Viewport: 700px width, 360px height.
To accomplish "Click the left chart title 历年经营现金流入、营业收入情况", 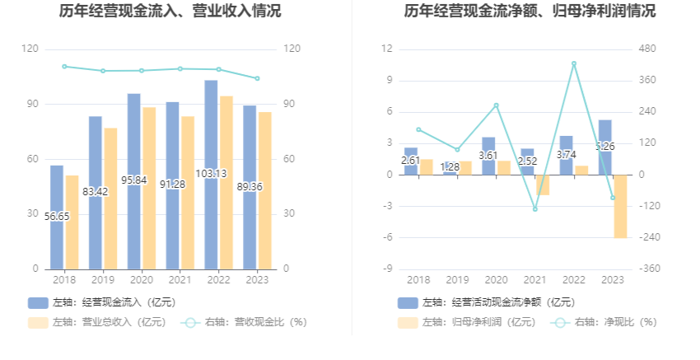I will (170, 12).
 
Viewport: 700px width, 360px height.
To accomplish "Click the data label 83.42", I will (96, 192).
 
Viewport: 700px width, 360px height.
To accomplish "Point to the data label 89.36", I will (250, 187).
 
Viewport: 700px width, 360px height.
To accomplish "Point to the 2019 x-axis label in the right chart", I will (458, 280).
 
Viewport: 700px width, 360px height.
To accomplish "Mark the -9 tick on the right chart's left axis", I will (386, 269).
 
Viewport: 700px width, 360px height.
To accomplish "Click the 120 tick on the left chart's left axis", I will (30, 49).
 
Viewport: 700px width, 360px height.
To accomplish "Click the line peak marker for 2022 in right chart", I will (574, 63).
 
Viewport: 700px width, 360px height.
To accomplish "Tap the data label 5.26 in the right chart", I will (605, 147).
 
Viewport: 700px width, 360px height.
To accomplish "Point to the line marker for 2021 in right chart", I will (535, 209).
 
